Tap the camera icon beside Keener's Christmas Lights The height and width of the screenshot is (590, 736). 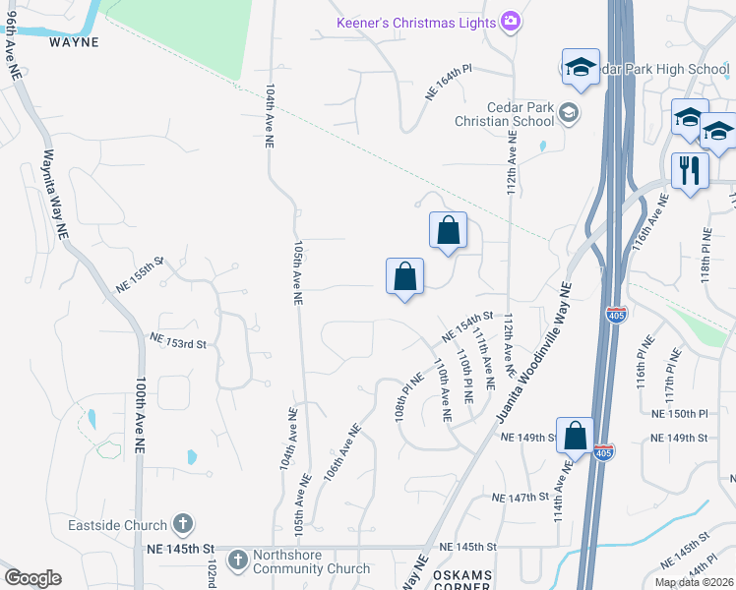[511, 21]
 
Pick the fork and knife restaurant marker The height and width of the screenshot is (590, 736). [689, 170]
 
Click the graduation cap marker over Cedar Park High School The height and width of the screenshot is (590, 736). [581, 68]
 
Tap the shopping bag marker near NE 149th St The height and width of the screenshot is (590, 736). [575, 436]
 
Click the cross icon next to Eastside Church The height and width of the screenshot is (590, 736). [182, 525]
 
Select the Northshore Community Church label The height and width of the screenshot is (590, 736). [312, 560]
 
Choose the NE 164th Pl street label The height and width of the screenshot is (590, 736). [448, 84]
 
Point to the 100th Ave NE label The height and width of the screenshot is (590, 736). [141, 413]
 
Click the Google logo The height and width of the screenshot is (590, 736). [32, 578]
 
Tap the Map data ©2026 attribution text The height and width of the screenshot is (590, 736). [693, 582]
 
